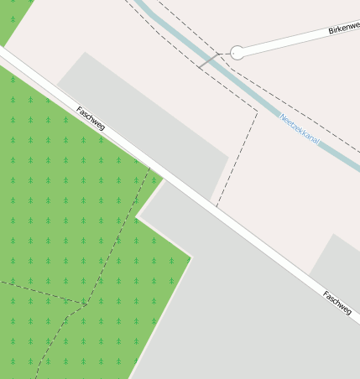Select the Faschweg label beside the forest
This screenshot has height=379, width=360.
pos(90,118)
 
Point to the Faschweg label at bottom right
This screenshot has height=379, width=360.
pos(337,303)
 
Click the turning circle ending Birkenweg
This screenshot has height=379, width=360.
pos(237,52)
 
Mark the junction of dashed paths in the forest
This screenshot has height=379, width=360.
pos(86,304)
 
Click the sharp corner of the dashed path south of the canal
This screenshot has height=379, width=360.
pos(257,109)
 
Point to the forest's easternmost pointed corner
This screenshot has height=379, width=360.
pos(191,257)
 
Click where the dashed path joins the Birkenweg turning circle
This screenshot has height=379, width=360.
pos(230,53)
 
